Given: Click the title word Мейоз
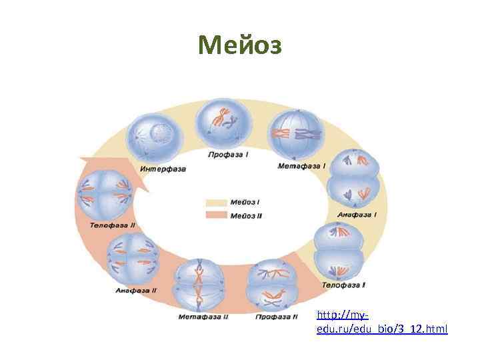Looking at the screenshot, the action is click(x=240, y=45).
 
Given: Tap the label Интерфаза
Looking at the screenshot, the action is click(x=163, y=169).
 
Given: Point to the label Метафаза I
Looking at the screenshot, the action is click(x=301, y=165).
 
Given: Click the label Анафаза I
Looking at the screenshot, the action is click(x=357, y=215).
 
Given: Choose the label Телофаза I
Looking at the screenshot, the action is click(x=343, y=285).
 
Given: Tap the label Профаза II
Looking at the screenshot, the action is click(x=277, y=316).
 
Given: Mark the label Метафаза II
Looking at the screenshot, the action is click(x=203, y=316).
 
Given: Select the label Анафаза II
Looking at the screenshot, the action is click(x=136, y=290).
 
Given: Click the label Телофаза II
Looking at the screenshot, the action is click(x=112, y=226).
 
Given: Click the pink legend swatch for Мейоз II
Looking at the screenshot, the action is click(x=216, y=215).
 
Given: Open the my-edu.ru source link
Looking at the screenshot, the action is click(x=382, y=322).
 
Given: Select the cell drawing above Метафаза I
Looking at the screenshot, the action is click(x=297, y=134).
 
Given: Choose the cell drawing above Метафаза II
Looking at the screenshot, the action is click(x=201, y=283).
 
